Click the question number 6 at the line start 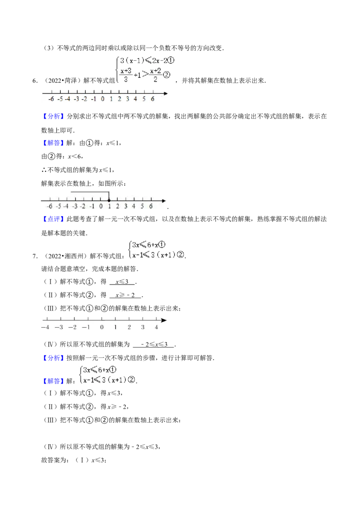pos(35,81)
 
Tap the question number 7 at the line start pos(35,256)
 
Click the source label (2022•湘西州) pos(65,256)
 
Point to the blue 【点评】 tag pos(52,219)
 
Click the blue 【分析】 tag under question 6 pos(52,116)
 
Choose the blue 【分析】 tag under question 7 pos(52,358)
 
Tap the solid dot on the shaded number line pos(109,201)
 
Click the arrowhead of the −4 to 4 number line pos(164,321)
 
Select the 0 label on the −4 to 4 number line pos(102,327)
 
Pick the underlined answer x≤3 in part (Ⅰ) pos(122,282)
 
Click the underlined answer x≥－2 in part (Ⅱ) pos(125,295)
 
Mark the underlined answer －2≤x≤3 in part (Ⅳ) pos(153,344)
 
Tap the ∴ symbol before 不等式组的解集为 pos(44,170)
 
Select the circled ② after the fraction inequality pos(166,75)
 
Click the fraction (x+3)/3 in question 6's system pos(126,75)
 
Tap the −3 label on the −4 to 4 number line pos(59,327)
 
